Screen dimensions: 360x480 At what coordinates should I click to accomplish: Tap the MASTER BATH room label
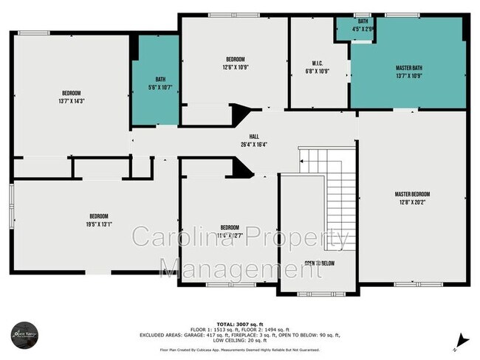tap(408, 68)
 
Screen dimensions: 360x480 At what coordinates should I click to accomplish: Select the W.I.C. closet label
tap(317, 63)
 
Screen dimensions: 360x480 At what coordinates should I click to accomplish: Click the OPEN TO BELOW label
tap(319, 263)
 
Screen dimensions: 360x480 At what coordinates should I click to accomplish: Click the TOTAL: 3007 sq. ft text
tap(240, 324)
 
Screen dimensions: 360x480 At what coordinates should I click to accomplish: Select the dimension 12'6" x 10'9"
tap(235, 67)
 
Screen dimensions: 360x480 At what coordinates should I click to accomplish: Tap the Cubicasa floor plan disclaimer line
tap(240, 350)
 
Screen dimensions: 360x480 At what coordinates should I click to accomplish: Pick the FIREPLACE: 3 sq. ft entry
tap(269, 336)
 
